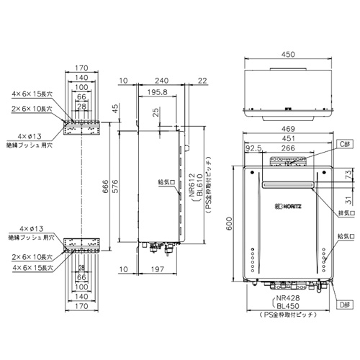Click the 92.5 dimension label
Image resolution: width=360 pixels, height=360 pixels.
click(253, 149)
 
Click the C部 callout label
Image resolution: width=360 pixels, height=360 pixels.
click(344, 144)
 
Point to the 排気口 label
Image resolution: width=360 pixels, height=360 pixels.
click(345, 214)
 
